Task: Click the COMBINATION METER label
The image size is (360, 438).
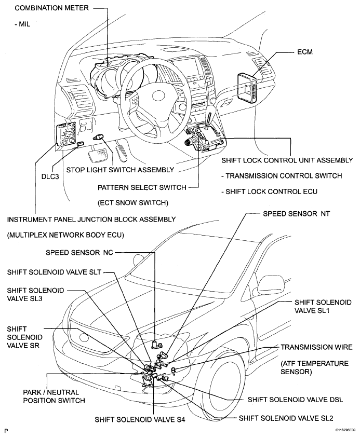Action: pos(46,8)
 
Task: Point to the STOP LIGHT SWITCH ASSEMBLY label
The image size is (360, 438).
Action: pos(119,169)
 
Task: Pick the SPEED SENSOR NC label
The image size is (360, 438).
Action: pos(77,253)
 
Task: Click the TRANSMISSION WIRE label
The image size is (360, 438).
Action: pos(317,347)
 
